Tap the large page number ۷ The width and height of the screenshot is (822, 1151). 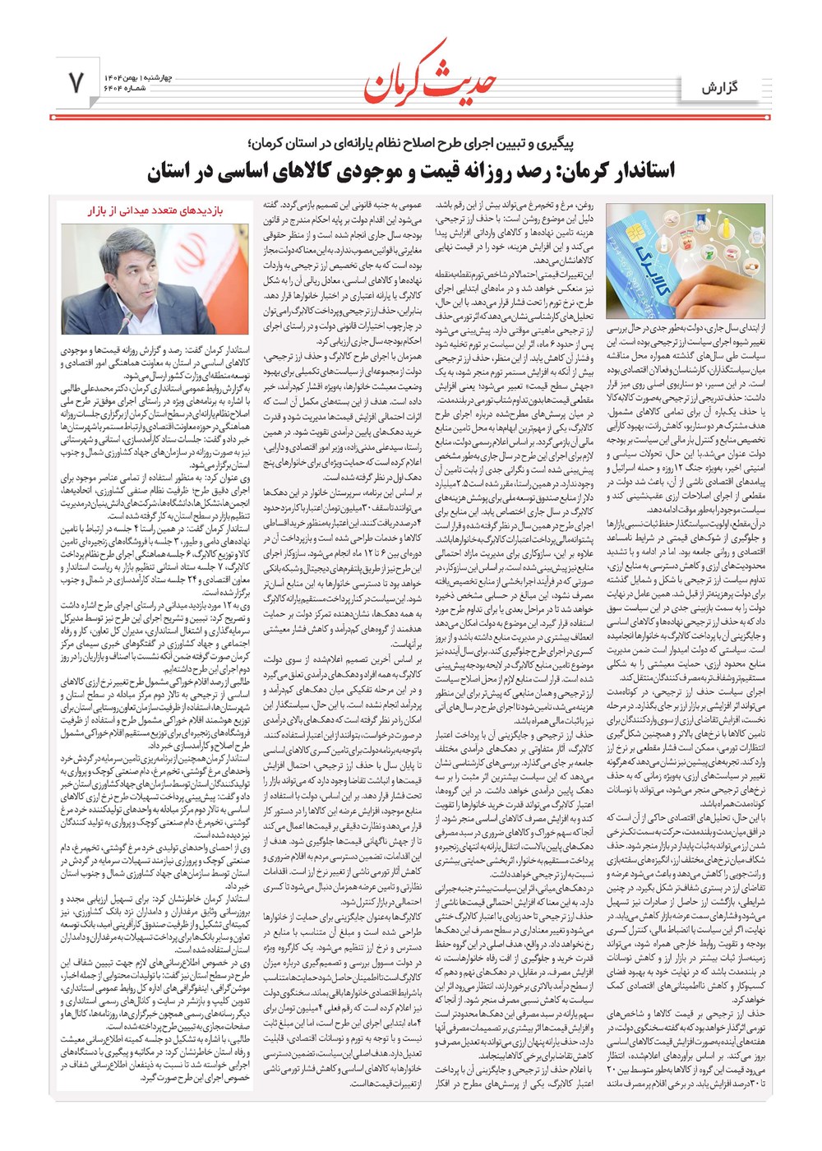[76, 83]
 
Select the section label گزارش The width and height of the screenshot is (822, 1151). [721, 86]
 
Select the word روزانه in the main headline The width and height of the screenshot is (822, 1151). [476, 172]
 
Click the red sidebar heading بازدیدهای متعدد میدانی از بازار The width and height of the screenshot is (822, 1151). [155, 210]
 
